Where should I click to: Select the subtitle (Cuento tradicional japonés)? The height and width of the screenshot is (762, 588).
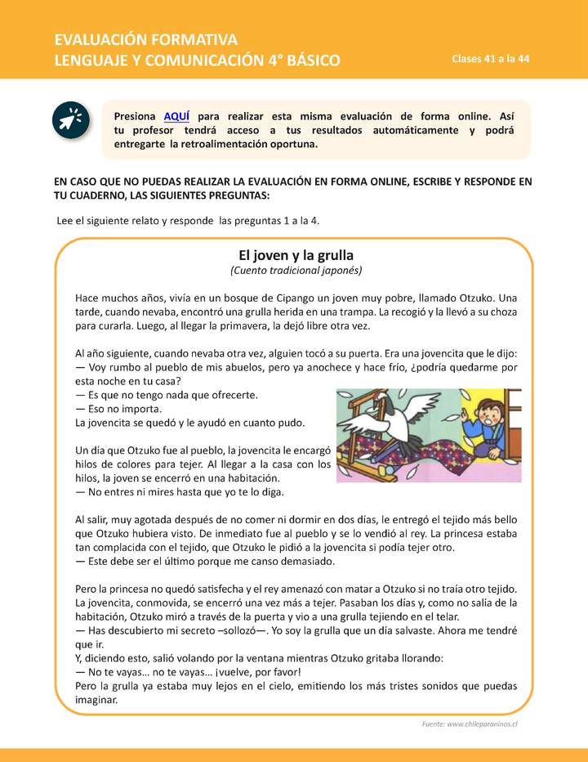tap(296, 270)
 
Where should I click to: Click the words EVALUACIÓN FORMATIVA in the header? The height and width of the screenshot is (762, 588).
tap(145, 39)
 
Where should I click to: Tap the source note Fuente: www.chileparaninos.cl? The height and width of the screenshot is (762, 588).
tap(470, 724)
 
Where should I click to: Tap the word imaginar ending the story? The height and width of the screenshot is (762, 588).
tap(96, 701)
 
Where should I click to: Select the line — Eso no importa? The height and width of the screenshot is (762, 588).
tap(119, 409)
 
